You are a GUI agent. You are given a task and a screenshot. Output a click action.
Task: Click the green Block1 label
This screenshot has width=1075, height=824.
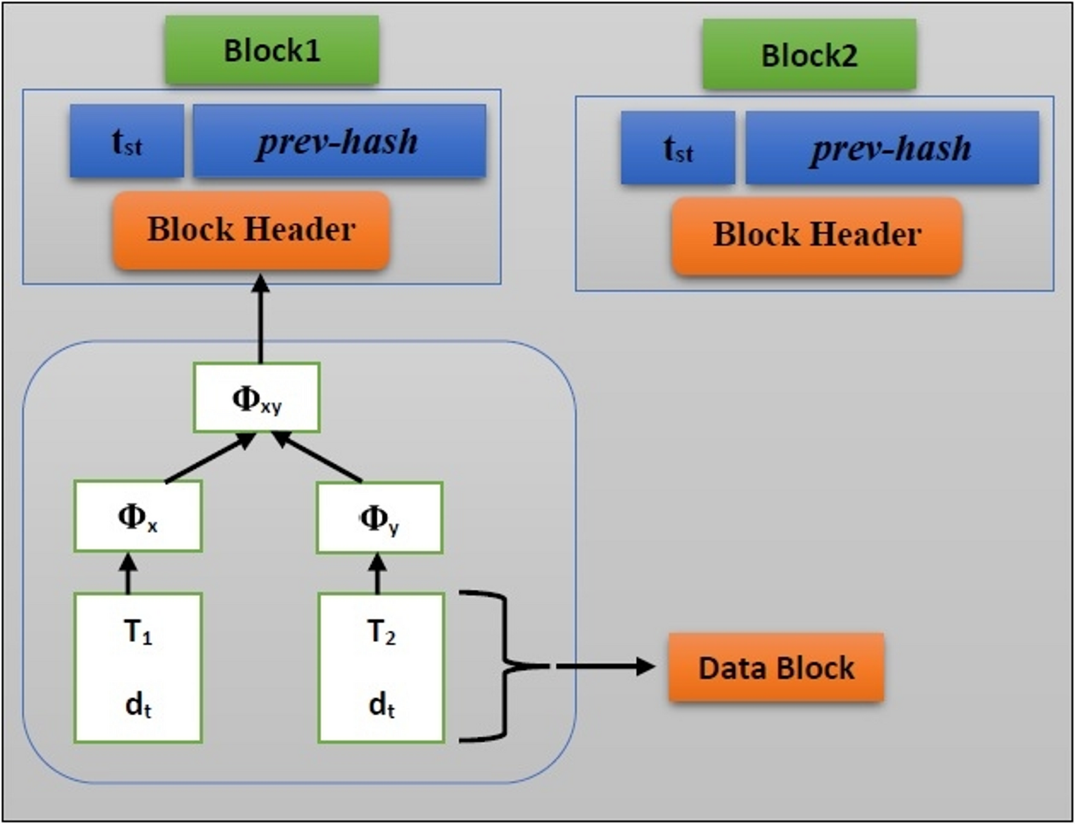pyautogui.click(x=272, y=51)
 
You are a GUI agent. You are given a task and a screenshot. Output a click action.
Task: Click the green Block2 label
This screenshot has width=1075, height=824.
pyautogui.click(x=809, y=55)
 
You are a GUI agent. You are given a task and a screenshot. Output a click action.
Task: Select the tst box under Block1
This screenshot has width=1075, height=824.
pyautogui.click(x=127, y=141)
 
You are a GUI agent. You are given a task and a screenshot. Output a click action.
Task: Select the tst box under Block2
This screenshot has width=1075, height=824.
pyautogui.click(x=678, y=148)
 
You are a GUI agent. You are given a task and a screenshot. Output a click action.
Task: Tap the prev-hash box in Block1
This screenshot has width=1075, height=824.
pyautogui.click(x=339, y=141)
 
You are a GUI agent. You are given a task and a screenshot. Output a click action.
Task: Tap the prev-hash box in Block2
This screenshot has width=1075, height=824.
pyautogui.click(x=891, y=148)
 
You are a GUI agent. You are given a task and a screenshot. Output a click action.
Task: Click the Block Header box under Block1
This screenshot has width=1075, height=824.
pyautogui.click(x=252, y=229)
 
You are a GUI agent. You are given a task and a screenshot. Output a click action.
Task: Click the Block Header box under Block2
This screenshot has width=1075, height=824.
pyautogui.click(x=816, y=235)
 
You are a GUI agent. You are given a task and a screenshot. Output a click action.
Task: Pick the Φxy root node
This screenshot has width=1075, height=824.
pyautogui.click(x=257, y=398)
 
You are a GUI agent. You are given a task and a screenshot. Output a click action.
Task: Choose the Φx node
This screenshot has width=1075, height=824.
pyautogui.click(x=138, y=517)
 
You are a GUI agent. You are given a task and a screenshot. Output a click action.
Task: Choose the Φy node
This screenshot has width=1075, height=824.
pyautogui.click(x=380, y=518)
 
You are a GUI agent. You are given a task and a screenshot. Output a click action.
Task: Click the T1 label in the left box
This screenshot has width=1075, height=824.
pyautogui.click(x=138, y=632)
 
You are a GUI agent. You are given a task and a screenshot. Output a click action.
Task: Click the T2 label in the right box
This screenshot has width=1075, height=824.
pyautogui.click(x=381, y=632)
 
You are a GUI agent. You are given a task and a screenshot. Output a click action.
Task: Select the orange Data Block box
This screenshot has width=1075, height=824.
pyautogui.click(x=776, y=668)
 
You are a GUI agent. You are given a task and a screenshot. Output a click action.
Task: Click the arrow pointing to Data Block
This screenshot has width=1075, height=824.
pyautogui.click(x=604, y=666)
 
